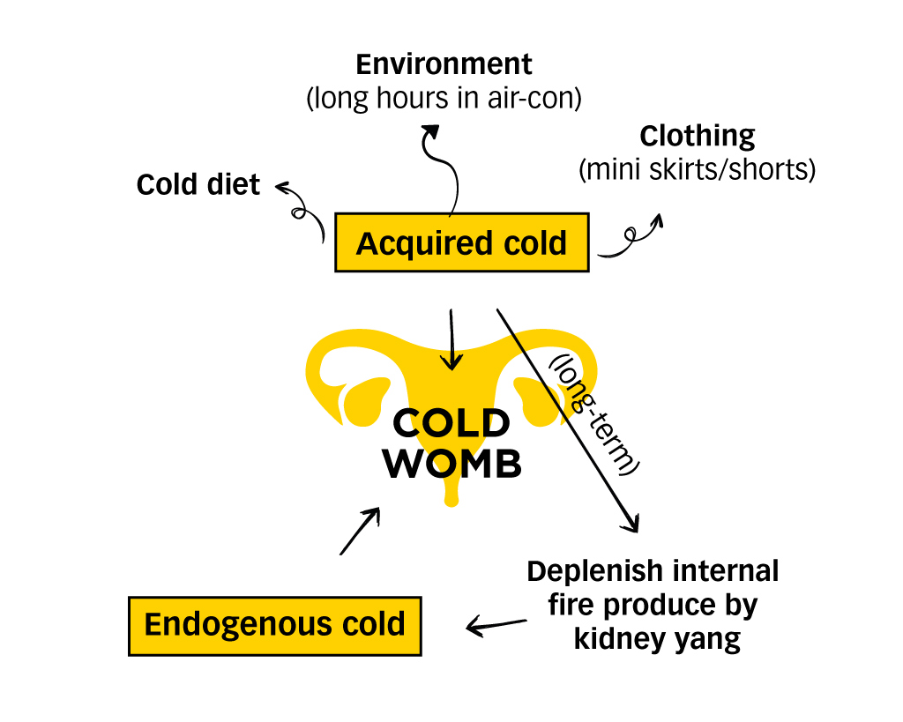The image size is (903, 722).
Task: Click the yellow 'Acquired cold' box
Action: pos(461,242)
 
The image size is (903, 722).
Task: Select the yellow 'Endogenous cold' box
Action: pos(274,625)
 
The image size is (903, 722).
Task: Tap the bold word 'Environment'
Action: pos(444,64)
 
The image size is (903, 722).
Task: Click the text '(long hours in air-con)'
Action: pos(444,98)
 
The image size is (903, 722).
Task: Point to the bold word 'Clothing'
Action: pos(697,136)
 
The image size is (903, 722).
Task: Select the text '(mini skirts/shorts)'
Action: pos(697,168)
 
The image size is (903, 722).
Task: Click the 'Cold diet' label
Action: pos(198,184)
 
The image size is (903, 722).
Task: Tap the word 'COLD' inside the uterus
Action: pos(451,424)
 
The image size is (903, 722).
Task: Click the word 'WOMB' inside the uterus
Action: pos(451,465)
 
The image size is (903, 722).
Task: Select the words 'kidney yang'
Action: pos(657,638)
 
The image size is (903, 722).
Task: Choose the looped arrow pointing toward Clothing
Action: pos(631,237)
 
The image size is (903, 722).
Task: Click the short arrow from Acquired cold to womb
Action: pos(451,339)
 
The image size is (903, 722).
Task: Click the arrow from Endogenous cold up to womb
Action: pos(360,531)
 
